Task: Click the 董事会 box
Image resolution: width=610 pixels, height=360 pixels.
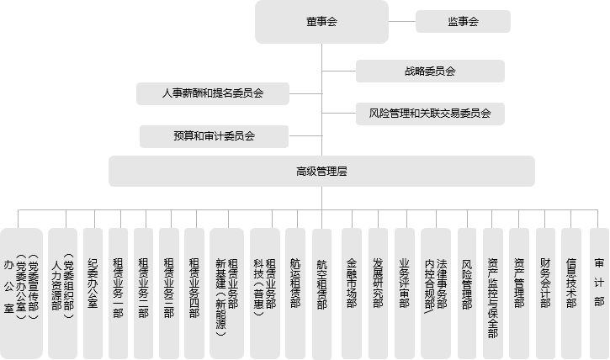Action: coord(321,22)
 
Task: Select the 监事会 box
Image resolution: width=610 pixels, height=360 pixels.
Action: coord(463,22)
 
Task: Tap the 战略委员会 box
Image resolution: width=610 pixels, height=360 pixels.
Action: coord(429,71)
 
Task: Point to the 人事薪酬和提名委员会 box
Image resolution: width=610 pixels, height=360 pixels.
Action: coord(213,93)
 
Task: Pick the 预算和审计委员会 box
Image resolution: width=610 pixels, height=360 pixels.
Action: coord(214,135)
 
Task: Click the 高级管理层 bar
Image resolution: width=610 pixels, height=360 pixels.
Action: coord(321,171)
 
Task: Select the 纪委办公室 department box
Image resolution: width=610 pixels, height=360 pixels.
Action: coord(93,292)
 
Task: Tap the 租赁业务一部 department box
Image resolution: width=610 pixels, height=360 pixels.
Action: coord(119,292)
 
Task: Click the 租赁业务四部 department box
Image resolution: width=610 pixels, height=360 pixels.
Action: coord(194,292)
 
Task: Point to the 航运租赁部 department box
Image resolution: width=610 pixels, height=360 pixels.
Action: coord(295,292)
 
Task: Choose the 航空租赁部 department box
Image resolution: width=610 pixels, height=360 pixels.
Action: coord(321,292)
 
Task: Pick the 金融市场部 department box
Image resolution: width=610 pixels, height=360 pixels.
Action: coord(352,292)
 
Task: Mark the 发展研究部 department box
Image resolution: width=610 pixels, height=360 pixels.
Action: coord(378,292)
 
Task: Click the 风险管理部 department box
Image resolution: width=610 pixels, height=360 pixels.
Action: coord(468,292)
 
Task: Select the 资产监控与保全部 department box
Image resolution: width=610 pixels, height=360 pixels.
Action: coord(493,292)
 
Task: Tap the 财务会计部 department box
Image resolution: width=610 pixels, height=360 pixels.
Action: coord(545,292)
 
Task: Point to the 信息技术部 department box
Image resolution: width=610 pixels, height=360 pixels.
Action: coord(571,292)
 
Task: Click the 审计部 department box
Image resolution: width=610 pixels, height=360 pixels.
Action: coord(598,292)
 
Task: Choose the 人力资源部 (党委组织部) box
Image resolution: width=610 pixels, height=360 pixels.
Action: coord(62,292)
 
